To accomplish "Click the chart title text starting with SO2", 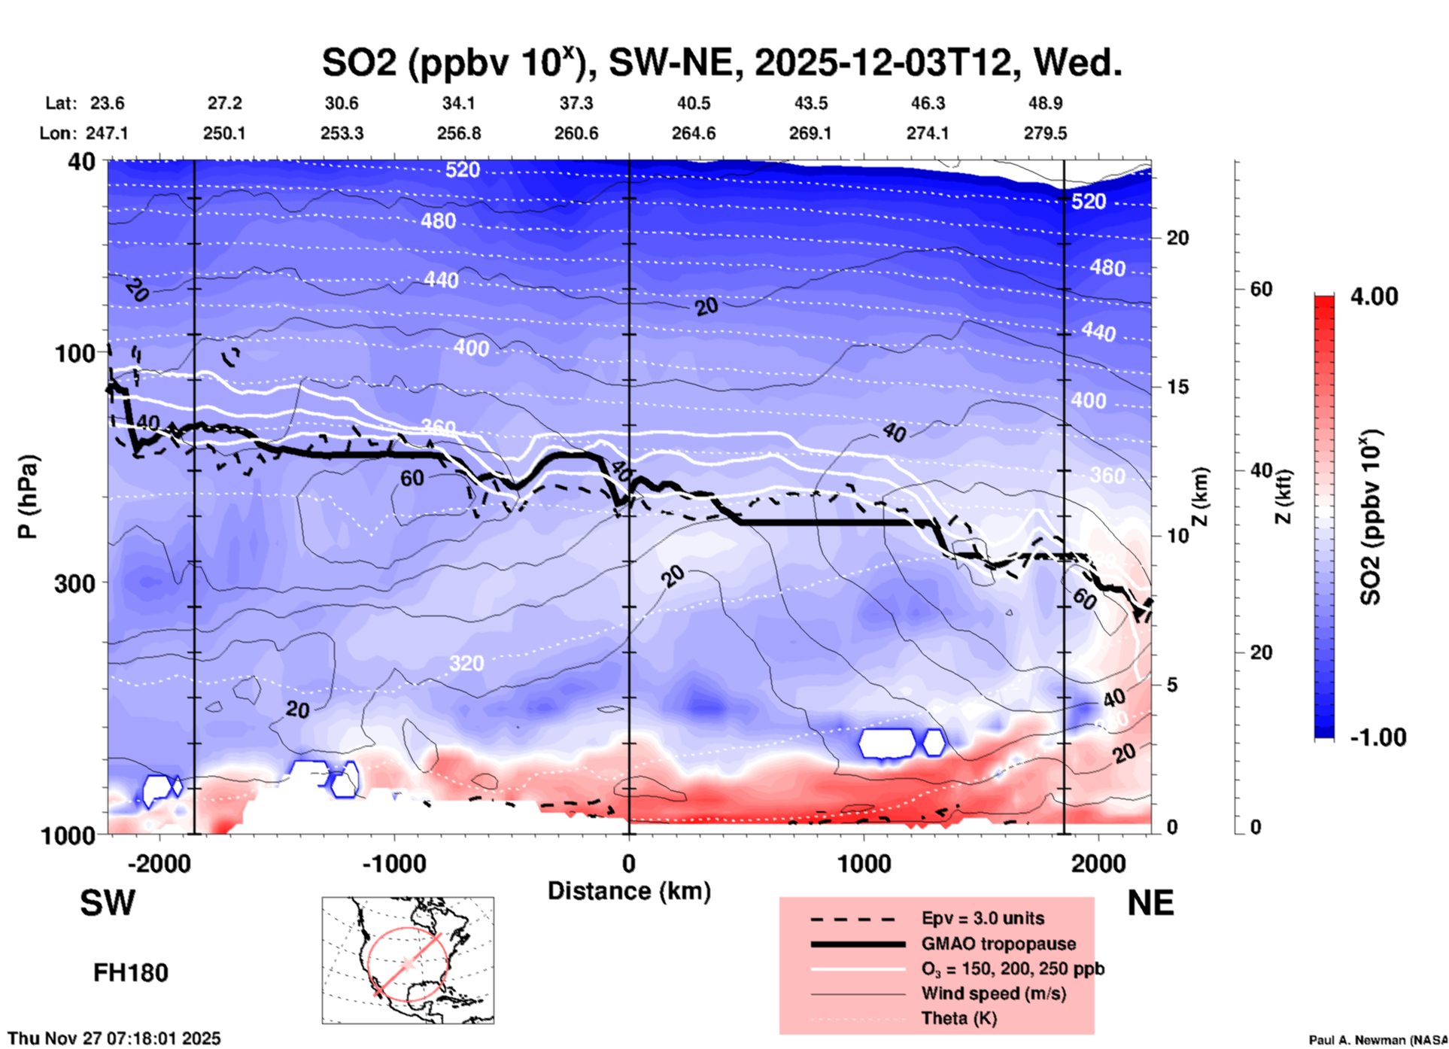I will pos(721,62).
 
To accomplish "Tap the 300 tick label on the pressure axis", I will pos(74,583).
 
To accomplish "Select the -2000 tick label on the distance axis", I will pos(159,864).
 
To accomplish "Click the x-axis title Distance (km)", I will pos(629,891).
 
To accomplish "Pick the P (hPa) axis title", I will pos(28,497).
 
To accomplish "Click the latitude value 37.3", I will pos(576,103).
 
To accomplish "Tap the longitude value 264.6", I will pos(693,133).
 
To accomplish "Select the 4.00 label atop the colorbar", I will pos(1374,296).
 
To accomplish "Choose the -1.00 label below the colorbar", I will pos(1377,737).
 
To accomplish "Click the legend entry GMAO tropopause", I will pos(998,944).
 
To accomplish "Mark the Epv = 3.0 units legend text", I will pos(983,918).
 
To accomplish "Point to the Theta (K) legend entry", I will pos(958,1018).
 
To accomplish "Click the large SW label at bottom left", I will pos(108,903).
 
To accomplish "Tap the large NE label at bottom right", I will pos(1150,903).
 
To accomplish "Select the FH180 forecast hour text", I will pos(130,973).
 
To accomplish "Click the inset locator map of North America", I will pos(408,960).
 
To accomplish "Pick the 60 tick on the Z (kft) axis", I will pos(1261,289).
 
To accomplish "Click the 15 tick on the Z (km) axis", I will pos(1177,387).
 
